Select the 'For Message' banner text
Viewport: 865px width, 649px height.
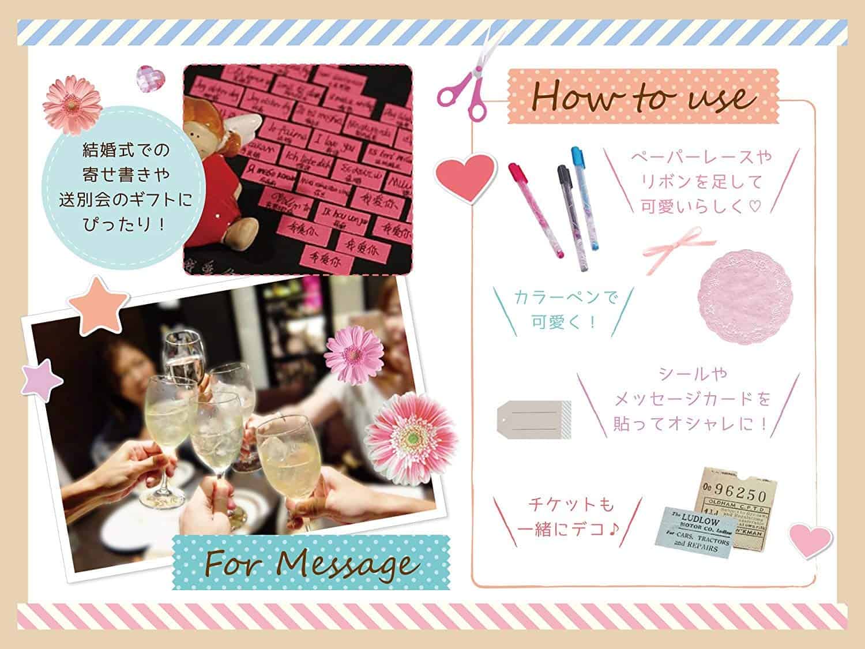tap(309, 564)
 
